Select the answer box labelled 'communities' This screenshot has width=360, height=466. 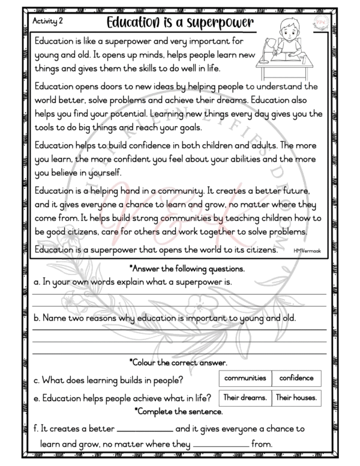(x=245, y=378)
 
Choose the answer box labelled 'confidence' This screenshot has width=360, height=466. (x=296, y=378)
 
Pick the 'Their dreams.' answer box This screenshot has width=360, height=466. (x=245, y=397)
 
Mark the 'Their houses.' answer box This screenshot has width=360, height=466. (x=296, y=397)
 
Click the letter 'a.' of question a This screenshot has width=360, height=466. (x=37, y=281)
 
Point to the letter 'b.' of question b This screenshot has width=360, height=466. (x=37, y=318)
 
